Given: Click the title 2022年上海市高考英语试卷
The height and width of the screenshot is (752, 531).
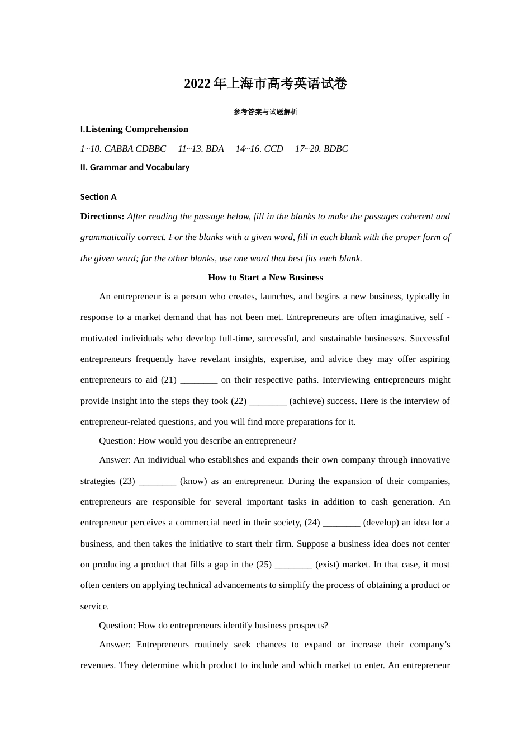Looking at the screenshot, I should pyautogui.click(x=265, y=84).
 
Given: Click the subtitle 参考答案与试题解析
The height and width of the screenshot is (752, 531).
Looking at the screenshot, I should pyautogui.click(x=265, y=112).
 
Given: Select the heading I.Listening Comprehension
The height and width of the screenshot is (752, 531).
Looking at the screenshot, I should pyautogui.click(x=134, y=129).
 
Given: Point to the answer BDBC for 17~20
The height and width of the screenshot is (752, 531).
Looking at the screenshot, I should pyautogui.click(x=336, y=149).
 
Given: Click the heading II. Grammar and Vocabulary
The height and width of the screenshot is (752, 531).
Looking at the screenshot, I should pyautogui.click(x=135, y=167).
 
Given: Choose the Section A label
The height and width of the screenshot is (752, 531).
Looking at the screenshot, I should pyautogui.click(x=98, y=197).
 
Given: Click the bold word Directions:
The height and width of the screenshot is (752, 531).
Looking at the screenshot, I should pyautogui.click(x=102, y=217).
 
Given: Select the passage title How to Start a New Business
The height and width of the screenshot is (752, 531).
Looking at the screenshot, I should pyautogui.click(x=265, y=278).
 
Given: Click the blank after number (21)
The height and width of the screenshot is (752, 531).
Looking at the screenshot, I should pyautogui.click(x=199, y=380).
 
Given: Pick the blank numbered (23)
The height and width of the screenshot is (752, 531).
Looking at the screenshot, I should pyautogui.click(x=158, y=481).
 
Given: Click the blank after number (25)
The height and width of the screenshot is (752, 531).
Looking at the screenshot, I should pyautogui.click(x=293, y=565).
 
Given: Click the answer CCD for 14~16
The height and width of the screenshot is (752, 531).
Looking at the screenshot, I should pyautogui.click(x=274, y=149).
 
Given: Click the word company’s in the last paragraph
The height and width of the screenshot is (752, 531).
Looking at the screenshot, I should pyautogui.click(x=430, y=645).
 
